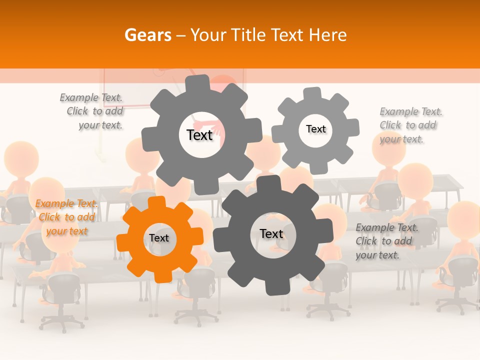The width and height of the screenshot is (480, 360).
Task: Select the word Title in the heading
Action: point(248,35)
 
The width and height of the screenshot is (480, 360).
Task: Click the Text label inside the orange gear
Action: point(159,238)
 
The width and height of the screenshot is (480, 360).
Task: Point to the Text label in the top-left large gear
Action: point(199,135)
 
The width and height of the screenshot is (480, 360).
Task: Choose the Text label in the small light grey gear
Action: point(315,129)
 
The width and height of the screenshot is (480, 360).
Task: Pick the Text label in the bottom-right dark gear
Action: point(271,234)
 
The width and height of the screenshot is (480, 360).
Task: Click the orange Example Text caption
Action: point(66,217)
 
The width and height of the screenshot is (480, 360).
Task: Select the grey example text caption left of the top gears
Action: point(93,111)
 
